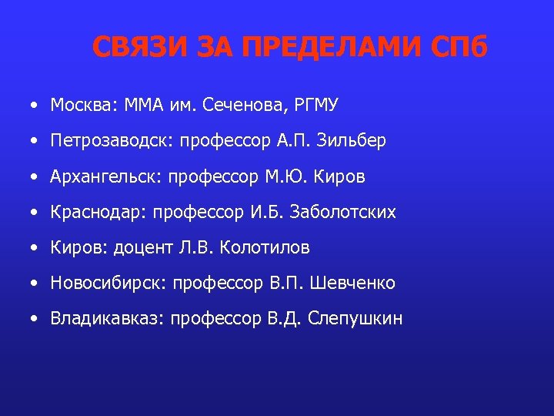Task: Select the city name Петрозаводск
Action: pyautogui.click(x=102, y=142)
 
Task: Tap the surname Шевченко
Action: pyautogui.click(x=353, y=283)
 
